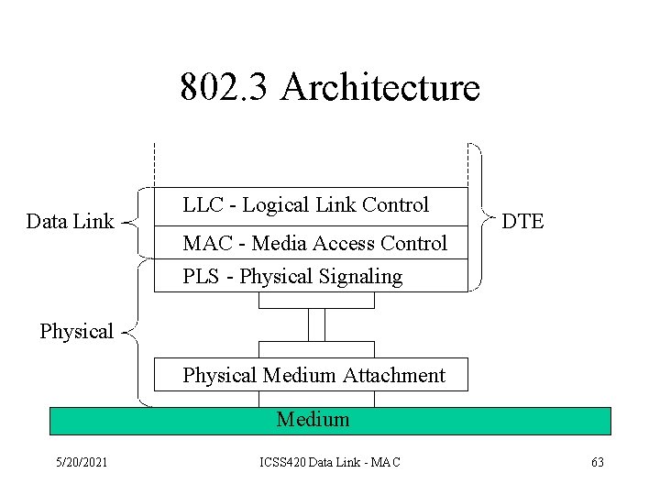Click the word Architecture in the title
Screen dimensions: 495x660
pos(380,88)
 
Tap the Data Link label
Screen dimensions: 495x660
pos(70,221)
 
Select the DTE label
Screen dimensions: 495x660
pos(522,221)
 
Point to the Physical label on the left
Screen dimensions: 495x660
pos(76,331)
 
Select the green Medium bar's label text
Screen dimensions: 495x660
pos(313,420)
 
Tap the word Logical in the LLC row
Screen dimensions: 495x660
pos(276,205)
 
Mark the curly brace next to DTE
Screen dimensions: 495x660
pos(482,218)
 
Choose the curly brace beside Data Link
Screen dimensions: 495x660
pos(134,222)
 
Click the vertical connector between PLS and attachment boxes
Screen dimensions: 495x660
pos(316,324)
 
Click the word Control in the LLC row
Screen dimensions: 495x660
pos(396,204)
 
